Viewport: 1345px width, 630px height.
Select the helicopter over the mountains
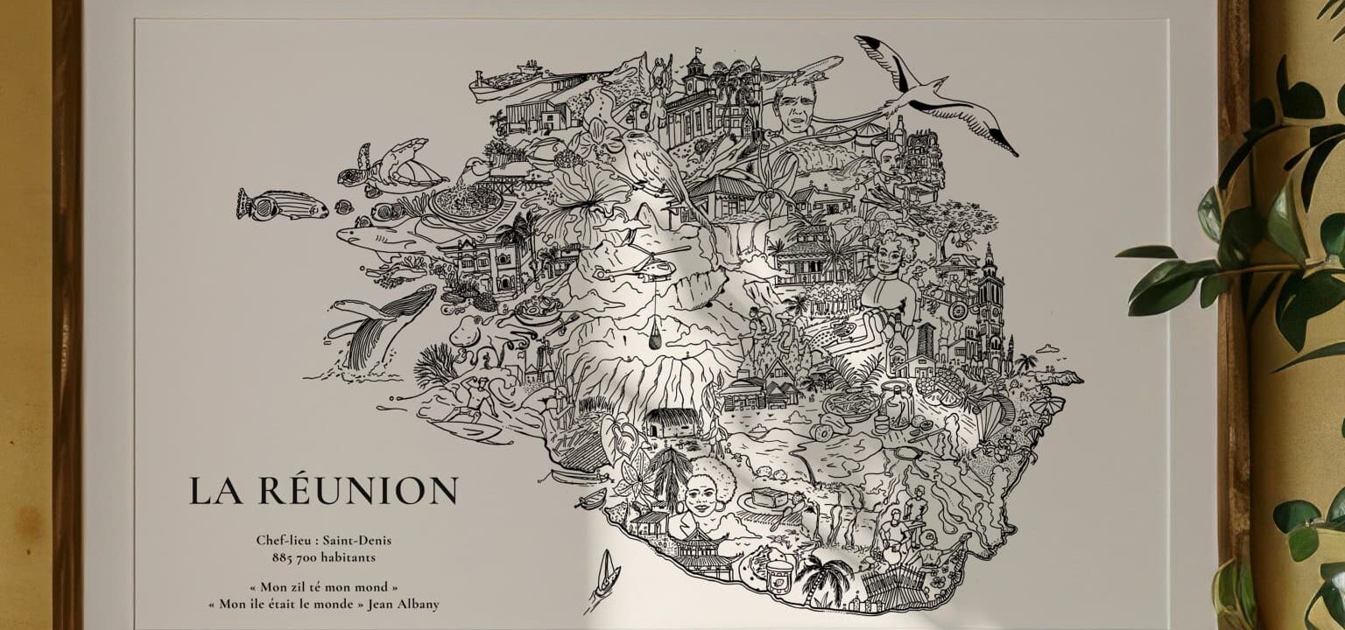(649, 262)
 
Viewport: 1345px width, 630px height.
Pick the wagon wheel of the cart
(956, 310)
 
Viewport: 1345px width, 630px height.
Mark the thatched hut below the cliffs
(672, 423)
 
